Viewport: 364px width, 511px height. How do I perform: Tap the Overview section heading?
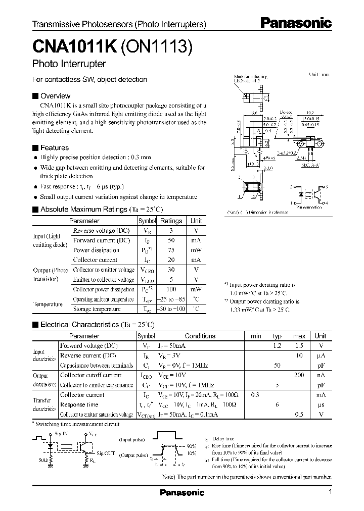pyautogui.click(x=55, y=96)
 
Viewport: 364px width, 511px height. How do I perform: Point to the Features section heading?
pyautogui.click(x=54, y=148)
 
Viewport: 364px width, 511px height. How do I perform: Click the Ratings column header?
pyautogui.click(x=171, y=221)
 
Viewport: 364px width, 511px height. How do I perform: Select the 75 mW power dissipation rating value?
pyautogui.click(x=171, y=250)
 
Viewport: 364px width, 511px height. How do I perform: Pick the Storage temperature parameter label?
pyautogui.click(x=97, y=309)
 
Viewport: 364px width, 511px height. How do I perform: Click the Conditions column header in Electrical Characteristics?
pyautogui.click(x=200, y=336)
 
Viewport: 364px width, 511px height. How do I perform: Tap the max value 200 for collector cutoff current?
pyautogui.click(x=299, y=375)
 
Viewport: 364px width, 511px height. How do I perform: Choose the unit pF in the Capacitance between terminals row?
pyautogui.click(x=320, y=365)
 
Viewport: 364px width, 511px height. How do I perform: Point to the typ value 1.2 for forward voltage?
pyautogui.click(x=277, y=346)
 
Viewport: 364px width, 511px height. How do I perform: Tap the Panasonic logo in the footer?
pyautogui.click(x=182, y=492)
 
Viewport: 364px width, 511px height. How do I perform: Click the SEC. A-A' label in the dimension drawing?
pyautogui.click(x=309, y=165)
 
